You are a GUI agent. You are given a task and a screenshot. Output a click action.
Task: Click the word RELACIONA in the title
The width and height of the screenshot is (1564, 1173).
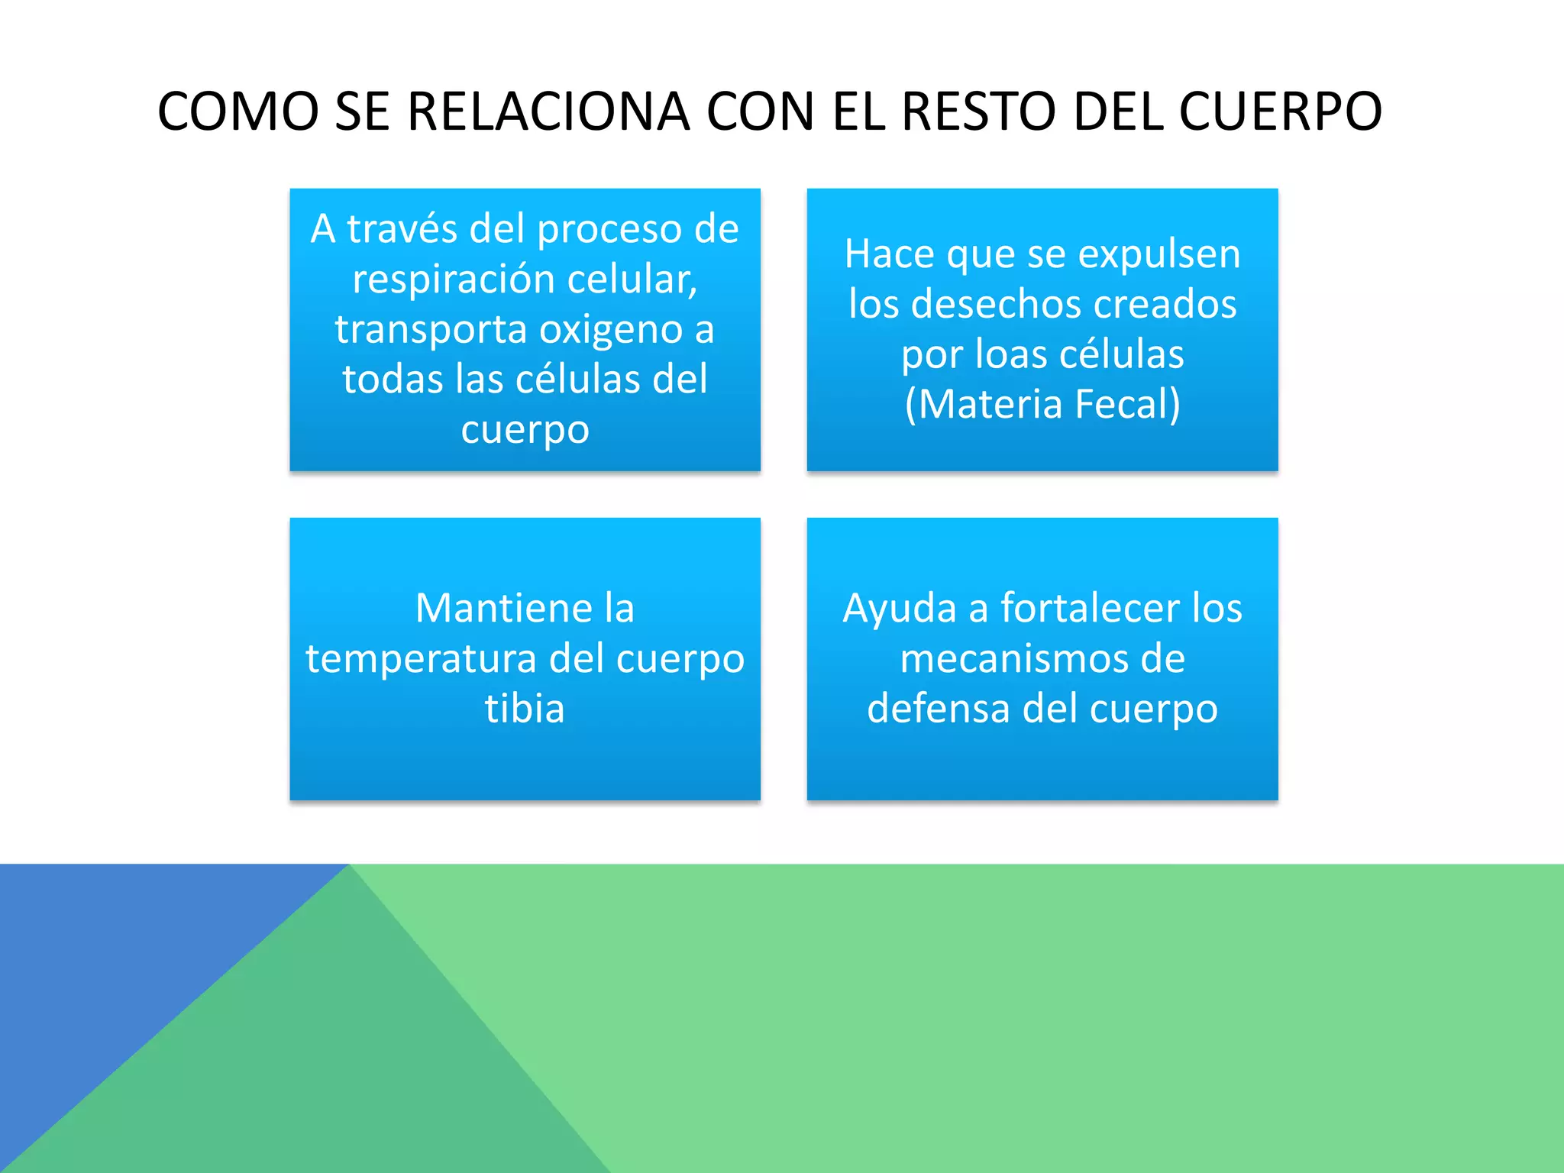coord(548,111)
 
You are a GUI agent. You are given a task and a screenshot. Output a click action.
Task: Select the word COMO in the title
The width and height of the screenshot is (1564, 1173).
coord(238,111)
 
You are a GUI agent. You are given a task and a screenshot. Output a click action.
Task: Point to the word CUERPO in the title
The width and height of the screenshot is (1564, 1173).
coord(1280,111)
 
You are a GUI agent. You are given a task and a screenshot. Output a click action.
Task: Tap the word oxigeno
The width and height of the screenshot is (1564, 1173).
coord(610,329)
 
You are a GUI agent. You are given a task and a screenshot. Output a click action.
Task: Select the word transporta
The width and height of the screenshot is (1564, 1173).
coord(431,329)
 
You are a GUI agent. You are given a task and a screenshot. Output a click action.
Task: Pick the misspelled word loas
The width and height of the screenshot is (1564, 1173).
coord(1006,354)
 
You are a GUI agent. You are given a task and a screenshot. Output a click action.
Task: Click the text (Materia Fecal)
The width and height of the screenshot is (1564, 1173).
coord(1042,404)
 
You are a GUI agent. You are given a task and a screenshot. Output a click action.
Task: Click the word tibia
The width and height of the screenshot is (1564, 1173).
coord(525,709)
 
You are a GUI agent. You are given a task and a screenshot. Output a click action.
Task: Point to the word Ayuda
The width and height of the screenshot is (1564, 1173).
coord(899,608)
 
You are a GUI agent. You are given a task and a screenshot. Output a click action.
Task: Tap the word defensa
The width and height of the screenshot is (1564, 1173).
coord(938,709)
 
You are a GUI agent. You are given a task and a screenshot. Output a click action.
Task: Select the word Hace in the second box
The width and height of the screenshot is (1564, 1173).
coord(888,254)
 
